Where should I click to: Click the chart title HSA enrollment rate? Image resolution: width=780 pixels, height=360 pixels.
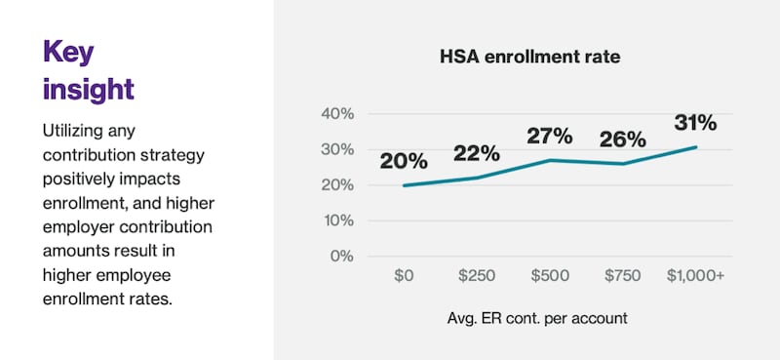[529, 58]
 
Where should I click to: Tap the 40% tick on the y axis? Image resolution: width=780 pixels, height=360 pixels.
[337, 114]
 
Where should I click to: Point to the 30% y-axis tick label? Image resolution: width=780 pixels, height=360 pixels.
[337, 149]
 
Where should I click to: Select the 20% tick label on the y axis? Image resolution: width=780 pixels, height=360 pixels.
[337, 185]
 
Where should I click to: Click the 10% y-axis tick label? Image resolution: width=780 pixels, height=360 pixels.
[337, 220]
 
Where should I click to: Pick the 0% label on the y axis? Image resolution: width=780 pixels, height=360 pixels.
[341, 257]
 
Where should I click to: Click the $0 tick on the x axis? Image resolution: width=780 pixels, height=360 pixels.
[404, 276]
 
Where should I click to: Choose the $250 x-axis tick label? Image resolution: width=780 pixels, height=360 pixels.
[477, 276]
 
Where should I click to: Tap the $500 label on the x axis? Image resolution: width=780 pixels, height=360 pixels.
[550, 276]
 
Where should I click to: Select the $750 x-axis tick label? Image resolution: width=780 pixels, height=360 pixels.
[623, 276]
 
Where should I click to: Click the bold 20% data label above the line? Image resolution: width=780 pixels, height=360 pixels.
[405, 161]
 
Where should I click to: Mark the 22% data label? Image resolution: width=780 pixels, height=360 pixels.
[476, 153]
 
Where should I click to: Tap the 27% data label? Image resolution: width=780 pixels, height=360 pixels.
[551, 136]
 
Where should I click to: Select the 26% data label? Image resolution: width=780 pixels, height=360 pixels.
[622, 140]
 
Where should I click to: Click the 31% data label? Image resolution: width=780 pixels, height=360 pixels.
[694, 123]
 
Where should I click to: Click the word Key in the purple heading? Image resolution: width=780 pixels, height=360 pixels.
[69, 51]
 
